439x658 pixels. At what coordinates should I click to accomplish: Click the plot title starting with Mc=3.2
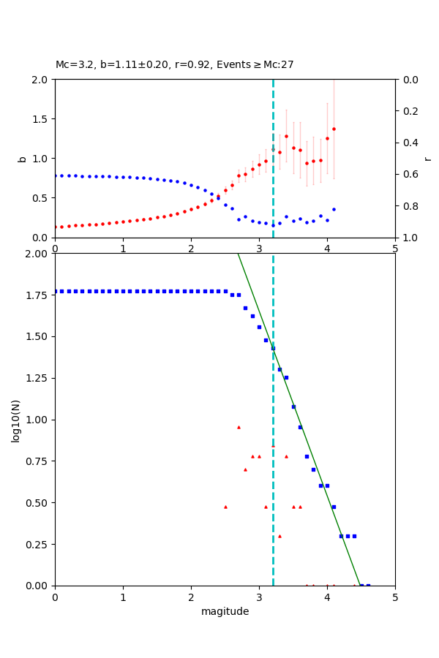[174, 65]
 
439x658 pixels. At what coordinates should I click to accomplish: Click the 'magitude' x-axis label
[225, 611]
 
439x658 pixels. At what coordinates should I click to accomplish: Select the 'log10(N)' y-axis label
[16, 420]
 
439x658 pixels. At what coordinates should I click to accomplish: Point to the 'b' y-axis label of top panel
[22, 159]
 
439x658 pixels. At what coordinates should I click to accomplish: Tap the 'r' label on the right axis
[427, 159]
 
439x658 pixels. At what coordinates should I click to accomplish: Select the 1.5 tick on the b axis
[41, 119]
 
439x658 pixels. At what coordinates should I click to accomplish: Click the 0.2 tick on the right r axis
[410, 111]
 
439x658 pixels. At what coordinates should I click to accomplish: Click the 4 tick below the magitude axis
[327, 597]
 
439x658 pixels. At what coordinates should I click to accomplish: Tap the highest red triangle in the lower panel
[239, 427]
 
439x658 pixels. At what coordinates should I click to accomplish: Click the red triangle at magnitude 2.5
[225, 507]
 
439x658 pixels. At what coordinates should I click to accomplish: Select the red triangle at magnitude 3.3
[279, 536]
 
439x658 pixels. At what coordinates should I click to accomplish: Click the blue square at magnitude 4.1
[334, 507]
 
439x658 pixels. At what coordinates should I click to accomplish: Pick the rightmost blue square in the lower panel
[368, 586]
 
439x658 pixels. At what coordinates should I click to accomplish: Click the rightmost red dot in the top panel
[334, 129]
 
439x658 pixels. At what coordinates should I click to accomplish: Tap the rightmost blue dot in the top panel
[334, 209]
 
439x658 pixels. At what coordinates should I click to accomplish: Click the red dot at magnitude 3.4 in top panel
[286, 136]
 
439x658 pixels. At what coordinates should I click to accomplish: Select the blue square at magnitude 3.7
[307, 456]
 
